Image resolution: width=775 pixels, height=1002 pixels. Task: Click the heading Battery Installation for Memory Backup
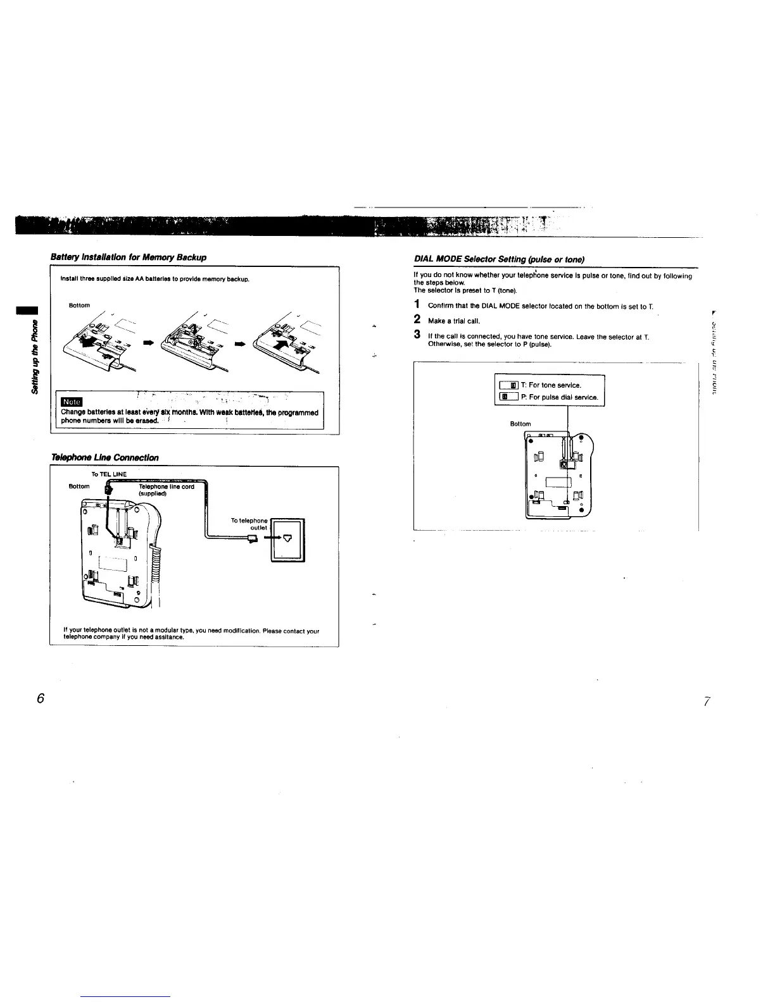point(129,257)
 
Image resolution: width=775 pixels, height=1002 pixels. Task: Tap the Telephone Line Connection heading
point(104,457)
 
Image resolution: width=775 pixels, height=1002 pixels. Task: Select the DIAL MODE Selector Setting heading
point(498,259)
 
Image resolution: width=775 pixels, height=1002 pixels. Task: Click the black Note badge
point(71,402)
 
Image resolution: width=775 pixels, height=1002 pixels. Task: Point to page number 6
point(41,698)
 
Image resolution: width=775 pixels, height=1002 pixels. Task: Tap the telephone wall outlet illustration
point(288,540)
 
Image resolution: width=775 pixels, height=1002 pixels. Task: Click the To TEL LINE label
point(109,474)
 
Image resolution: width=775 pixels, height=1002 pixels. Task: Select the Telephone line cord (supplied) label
point(166,490)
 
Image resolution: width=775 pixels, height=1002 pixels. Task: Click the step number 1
point(417,306)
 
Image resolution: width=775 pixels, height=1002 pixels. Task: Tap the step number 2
point(417,320)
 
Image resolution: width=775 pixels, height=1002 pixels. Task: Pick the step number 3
point(417,334)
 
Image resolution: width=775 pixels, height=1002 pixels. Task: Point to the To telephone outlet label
point(249,524)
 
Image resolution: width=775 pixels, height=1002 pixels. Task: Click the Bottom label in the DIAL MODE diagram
point(520,424)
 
